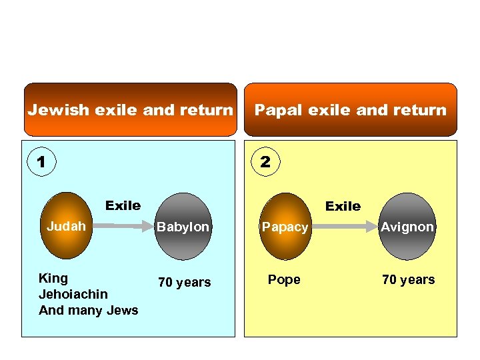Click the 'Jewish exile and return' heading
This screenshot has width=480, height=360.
point(131,110)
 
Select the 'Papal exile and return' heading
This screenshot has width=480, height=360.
point(351,110)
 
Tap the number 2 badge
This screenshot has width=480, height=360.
point(265,161)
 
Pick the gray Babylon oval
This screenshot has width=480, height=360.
point(183,227)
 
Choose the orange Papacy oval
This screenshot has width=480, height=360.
point(285,227)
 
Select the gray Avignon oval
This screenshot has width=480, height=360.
point(407,227)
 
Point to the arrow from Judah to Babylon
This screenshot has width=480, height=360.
point(123,227)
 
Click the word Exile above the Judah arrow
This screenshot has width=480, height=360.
point(123,205)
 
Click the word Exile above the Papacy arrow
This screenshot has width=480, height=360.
point(343,206)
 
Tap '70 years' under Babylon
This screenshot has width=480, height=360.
point(184,282)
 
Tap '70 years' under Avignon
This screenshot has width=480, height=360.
point(408,279)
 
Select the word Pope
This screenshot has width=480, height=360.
point(284,279)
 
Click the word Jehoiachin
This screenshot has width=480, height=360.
point(73,294)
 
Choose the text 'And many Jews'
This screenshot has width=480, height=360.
point(89,310)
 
